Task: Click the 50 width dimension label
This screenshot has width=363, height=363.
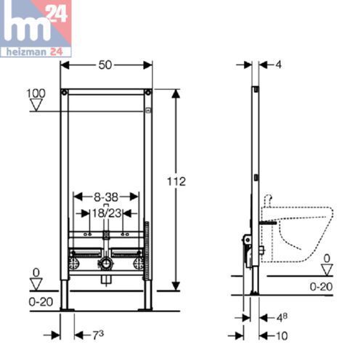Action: (107, 65)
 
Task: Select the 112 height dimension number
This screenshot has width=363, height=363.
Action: (191, 181)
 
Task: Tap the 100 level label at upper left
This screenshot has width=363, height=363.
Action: (35, 94)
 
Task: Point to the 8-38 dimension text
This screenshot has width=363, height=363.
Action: (106, 196)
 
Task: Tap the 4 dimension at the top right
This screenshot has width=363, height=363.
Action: (278, 65)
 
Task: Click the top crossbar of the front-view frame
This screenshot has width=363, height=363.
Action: (107, 92)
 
